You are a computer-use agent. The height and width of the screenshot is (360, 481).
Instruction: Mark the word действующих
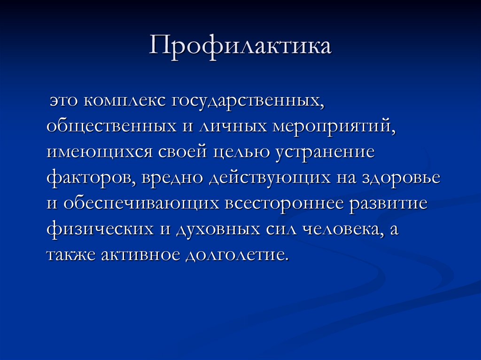pos(266,178)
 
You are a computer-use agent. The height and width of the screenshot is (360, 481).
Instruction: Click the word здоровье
pos(401,178)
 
